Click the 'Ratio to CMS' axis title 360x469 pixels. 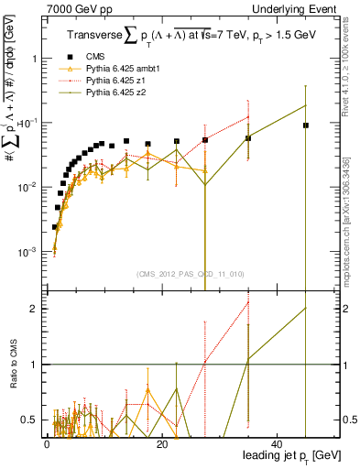click(x=13, y=365)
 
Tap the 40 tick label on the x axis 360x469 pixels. click(x=277, y=443)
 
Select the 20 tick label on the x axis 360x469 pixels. click(x=161, y=443)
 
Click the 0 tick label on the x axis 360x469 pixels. click(x=47, y=443)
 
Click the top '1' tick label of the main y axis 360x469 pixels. click(x=34, y=58)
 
